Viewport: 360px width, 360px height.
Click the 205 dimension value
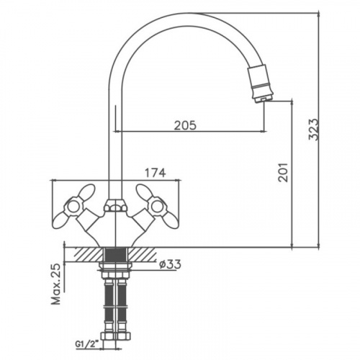185,125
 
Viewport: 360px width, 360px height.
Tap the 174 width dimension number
155,173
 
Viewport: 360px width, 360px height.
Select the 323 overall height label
313,129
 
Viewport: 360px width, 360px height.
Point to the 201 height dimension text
283,172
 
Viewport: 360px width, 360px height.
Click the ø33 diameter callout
170,264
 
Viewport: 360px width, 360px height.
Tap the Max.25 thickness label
57,284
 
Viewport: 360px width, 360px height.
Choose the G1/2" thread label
84,343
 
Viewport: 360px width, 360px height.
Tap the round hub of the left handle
73,206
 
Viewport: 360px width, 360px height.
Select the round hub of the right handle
158,206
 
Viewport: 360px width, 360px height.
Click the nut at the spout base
115,205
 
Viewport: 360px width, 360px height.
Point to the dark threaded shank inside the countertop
115,255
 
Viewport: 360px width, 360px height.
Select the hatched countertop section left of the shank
87,255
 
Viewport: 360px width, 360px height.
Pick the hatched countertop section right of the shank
142,255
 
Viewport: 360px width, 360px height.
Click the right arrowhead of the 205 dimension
264,131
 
